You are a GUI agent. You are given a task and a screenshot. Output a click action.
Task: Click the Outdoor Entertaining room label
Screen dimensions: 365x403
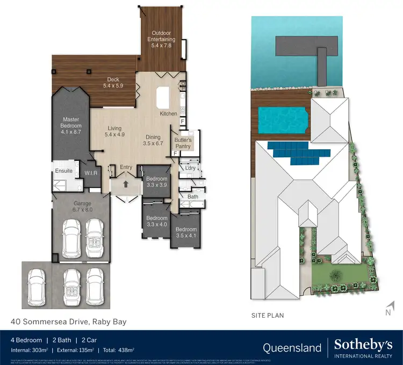point(163,36)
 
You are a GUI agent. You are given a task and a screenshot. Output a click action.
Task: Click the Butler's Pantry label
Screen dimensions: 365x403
point(183,142)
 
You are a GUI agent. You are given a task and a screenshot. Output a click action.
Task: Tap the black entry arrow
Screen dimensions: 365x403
point(126,184)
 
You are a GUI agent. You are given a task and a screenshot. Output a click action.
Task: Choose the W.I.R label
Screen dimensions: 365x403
point(90,173)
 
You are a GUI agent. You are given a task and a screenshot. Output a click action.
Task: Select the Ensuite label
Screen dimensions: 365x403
point(63,171)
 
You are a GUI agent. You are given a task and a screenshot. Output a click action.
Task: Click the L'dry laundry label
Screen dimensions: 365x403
point(190,169)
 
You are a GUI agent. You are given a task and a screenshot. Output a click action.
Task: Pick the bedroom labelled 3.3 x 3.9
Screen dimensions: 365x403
point(157,181)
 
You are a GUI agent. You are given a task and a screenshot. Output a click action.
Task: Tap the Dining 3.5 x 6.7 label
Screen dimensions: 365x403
point(153,140)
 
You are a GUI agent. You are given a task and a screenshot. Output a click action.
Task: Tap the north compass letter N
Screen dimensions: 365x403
point(386,311)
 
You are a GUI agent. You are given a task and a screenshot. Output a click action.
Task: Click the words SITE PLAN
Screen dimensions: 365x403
point(268,315)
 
